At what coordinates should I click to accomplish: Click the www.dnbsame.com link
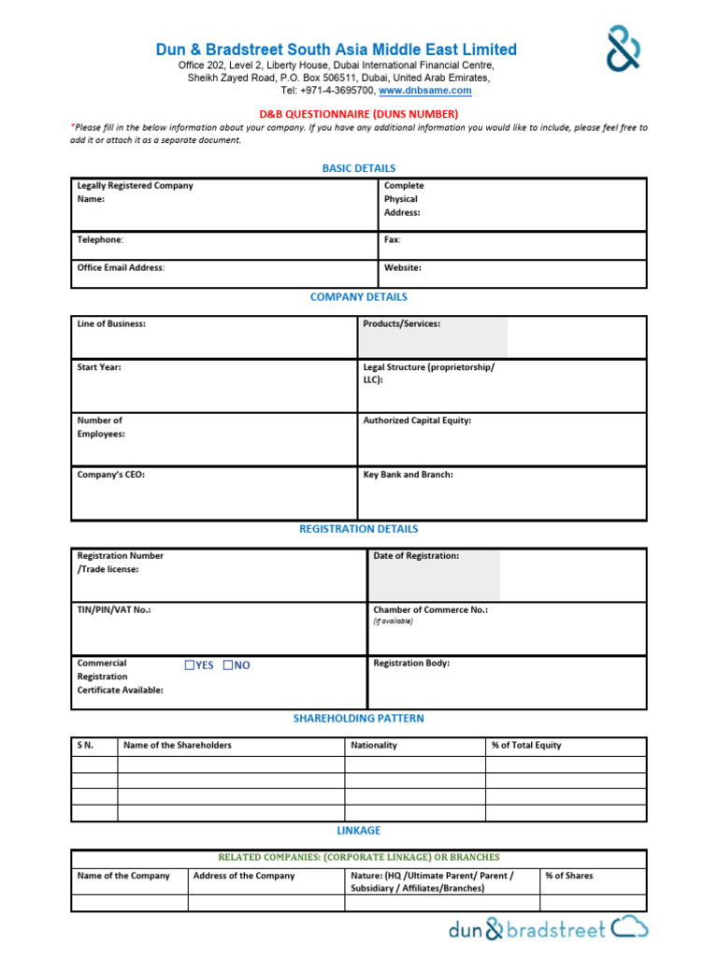coord(425,91)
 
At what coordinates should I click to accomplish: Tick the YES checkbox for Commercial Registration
coord(190,665)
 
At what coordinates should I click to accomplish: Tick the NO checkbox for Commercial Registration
coord(227,665)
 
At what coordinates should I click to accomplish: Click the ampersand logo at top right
coord(624,49)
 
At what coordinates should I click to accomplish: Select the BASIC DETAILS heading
coord(359,168)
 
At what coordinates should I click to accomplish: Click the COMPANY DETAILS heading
coord(359,297)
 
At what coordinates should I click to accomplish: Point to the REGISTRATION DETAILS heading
coord(359,529)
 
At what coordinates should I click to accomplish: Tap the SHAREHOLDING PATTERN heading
coord(359,719)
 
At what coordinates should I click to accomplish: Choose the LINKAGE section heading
coord(359,830)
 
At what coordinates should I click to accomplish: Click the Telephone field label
coord(100,240)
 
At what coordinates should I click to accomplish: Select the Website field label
coord(403,268)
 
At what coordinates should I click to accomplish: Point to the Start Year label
coord(99,367)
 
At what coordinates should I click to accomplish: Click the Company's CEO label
coord(111,475)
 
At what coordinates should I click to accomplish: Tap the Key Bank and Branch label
coord(409,475)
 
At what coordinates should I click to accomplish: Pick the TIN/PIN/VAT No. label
coord(114,609)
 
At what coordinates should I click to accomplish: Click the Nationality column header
coord(374,746)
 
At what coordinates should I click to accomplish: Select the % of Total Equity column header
coord(526,746)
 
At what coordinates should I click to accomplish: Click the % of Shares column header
coord(569,876)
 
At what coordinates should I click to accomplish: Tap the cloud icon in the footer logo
coord(629,928)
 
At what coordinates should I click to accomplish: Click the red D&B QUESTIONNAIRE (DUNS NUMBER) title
coord(359,114)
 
